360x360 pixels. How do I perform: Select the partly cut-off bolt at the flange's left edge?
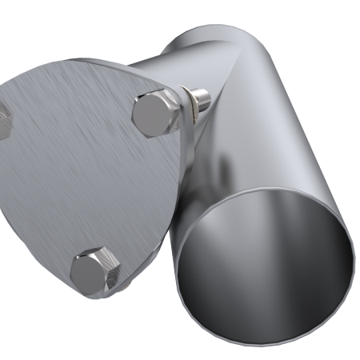[x=5, y=120]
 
